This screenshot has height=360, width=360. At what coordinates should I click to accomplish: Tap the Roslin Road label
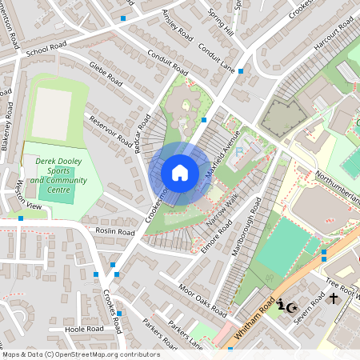click(114, 231)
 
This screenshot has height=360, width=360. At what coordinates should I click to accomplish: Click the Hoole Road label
click(85, 329)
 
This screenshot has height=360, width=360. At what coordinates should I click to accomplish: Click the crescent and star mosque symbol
click(287, 306)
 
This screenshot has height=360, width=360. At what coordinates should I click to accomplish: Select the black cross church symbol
click(333, 298)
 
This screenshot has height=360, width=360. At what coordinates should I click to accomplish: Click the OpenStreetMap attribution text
click(80, 354)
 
